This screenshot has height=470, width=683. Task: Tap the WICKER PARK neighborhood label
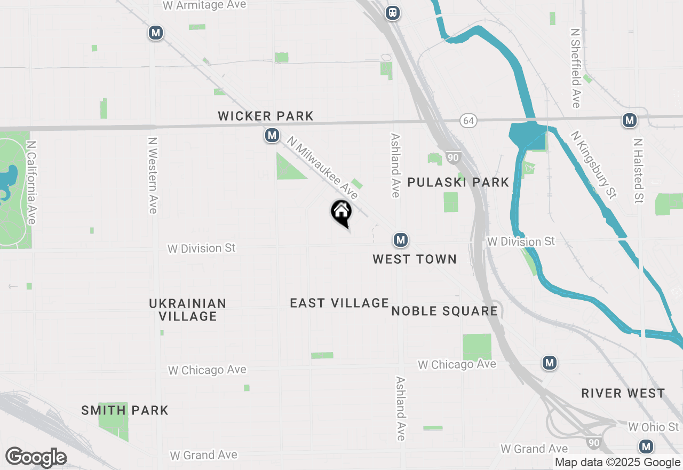click(x=266, y=116)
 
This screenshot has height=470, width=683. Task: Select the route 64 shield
click(x=468, y=121)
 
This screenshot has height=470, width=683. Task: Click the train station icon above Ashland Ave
click(x=393, y=12)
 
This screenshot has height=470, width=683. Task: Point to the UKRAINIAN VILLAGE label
click(x=188, y=310)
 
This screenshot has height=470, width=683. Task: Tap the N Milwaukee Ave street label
click(x=322, y=168)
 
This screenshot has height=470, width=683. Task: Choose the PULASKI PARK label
click(x=458, y=183)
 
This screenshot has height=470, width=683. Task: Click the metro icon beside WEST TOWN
click(x=401, y=240)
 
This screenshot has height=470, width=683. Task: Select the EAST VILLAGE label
click(x=339, y=303)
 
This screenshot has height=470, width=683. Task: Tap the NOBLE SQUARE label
click(x=444, y=311)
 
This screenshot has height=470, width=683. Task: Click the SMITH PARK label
click(x=125, y=410)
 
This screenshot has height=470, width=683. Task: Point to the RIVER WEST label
click(x=623, y=394)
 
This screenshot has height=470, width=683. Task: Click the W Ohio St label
click(x=654, y=427)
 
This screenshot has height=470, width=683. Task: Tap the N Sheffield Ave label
click(x=575, y=68)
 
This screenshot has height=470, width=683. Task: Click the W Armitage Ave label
click(x=204, y=5)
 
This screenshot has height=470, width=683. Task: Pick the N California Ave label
click(x=31, y=183)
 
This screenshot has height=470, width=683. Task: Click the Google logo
click(x=36, y=457)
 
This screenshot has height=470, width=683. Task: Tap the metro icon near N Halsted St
click(x=630, y=121)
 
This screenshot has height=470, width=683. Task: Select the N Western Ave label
click(x=153, y=176)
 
